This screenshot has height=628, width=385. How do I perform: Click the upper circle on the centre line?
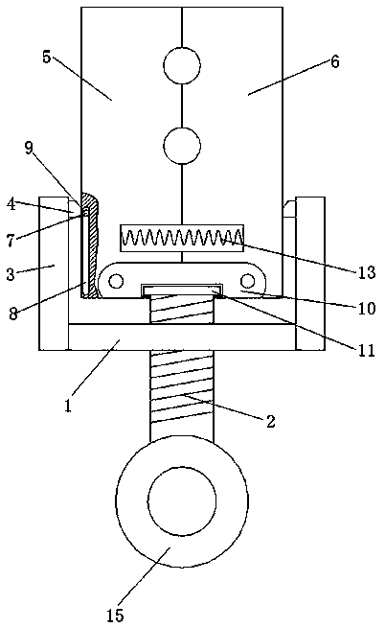click(182, 66)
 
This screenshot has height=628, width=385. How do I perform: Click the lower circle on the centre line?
click(182, 146)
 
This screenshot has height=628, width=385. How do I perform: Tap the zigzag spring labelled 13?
click(182, 238)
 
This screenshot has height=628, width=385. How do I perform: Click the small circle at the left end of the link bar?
click(116, 281)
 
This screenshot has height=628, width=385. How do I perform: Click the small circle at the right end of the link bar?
click(248, 281)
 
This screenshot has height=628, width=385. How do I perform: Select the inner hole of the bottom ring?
click(182, 501)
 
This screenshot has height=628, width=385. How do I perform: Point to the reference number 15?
click(116, 616)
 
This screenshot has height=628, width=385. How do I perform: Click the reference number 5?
click(47, 57)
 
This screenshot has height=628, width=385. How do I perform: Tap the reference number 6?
click(334, 61)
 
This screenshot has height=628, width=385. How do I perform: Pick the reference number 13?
click(367, 272)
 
